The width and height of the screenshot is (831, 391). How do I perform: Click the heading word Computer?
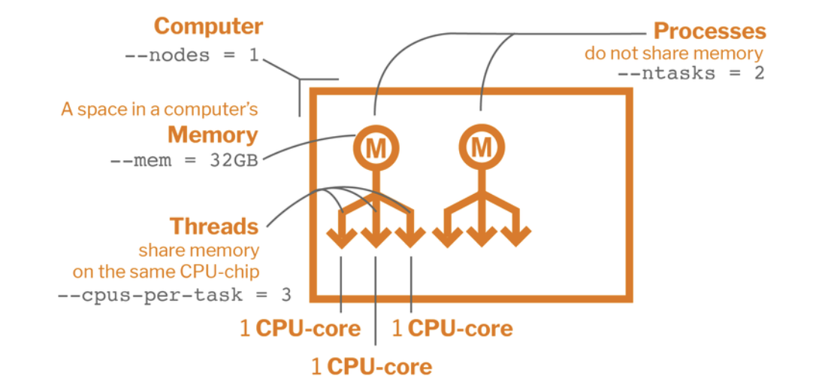(x=208, y=27)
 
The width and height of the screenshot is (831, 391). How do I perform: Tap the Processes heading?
(x=709, y=32)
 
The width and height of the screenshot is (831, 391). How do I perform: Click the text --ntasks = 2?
(x=690, y=74)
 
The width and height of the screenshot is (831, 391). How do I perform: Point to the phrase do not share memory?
(x=674, y=53)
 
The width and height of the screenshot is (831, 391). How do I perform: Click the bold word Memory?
(x=213, y=135)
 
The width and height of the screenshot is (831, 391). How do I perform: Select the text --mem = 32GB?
(x=189, y=162)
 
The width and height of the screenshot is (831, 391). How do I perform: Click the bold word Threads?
(x=214, y=226)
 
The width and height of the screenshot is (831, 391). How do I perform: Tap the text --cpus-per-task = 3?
(x=174, y=294)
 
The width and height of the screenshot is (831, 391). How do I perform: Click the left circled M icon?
(x=375, y=149)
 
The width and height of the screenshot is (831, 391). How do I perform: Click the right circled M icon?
(x=480, y=149)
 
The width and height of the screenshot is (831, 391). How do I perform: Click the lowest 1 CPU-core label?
(x=372, y=367)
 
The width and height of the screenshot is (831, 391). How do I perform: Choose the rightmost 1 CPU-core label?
(x=452, y=329)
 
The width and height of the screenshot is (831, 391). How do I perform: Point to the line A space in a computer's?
(x=159, y=110)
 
